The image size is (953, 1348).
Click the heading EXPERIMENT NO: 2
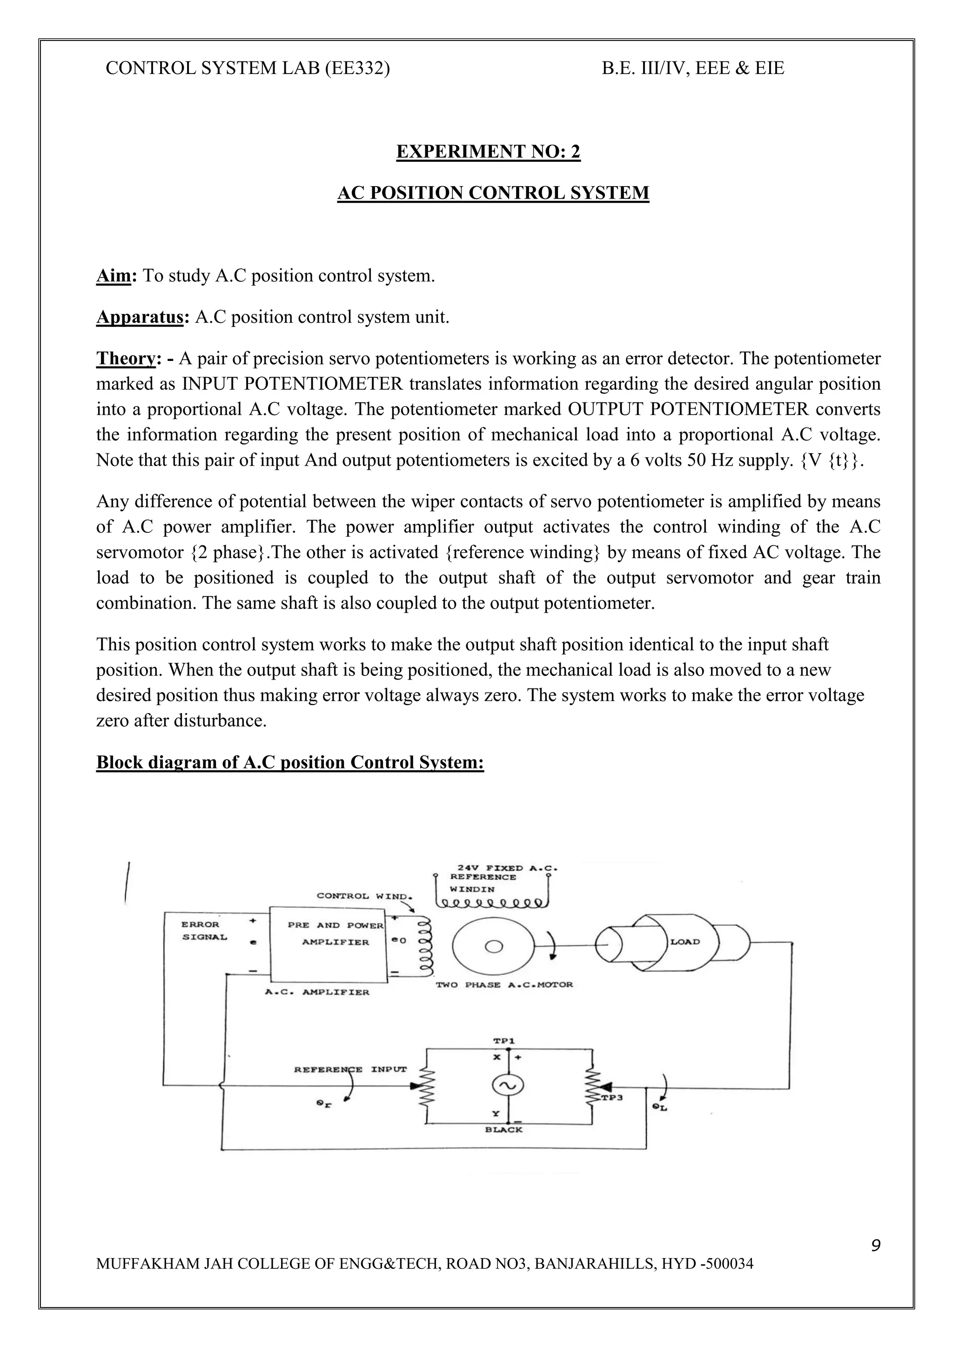[488, 152]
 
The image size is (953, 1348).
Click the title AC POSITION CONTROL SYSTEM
[493, 193]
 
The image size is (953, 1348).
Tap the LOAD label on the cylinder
[685, 942]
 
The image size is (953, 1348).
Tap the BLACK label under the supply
[504, 1129]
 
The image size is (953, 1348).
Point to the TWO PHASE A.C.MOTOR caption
[504, 985]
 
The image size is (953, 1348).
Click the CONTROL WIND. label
[365, 896]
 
